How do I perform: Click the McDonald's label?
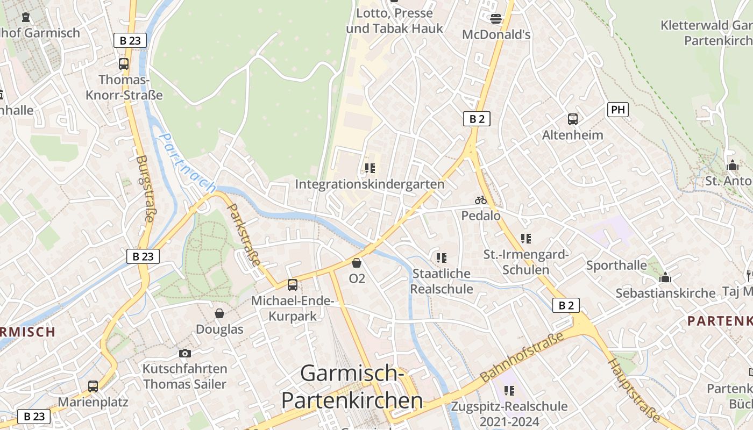(x=496, y=34)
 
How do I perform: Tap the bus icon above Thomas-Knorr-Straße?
(x=124, y=64)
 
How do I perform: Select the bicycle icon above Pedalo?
(x=481, y=200)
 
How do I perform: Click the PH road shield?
(x=618, y=110)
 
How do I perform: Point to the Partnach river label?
(x=188, y=163)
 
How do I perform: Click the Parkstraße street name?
(x=244, y=234)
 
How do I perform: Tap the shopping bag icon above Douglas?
(x=219, y=313)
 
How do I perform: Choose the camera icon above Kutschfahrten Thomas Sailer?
(x=185, y=353)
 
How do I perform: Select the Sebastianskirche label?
(x=665, y=293)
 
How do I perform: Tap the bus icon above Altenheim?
(x=573, y=119)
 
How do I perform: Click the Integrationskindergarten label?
(x=370, y=184)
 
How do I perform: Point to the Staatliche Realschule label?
(x=442, y=281)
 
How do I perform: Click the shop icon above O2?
(x=357, y=263)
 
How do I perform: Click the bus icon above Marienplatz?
(x=93, y=386)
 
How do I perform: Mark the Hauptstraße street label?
(x=634, y=389)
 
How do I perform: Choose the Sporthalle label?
(x=616, y=265)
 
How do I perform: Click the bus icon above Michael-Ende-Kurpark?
(x=293, y=285)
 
